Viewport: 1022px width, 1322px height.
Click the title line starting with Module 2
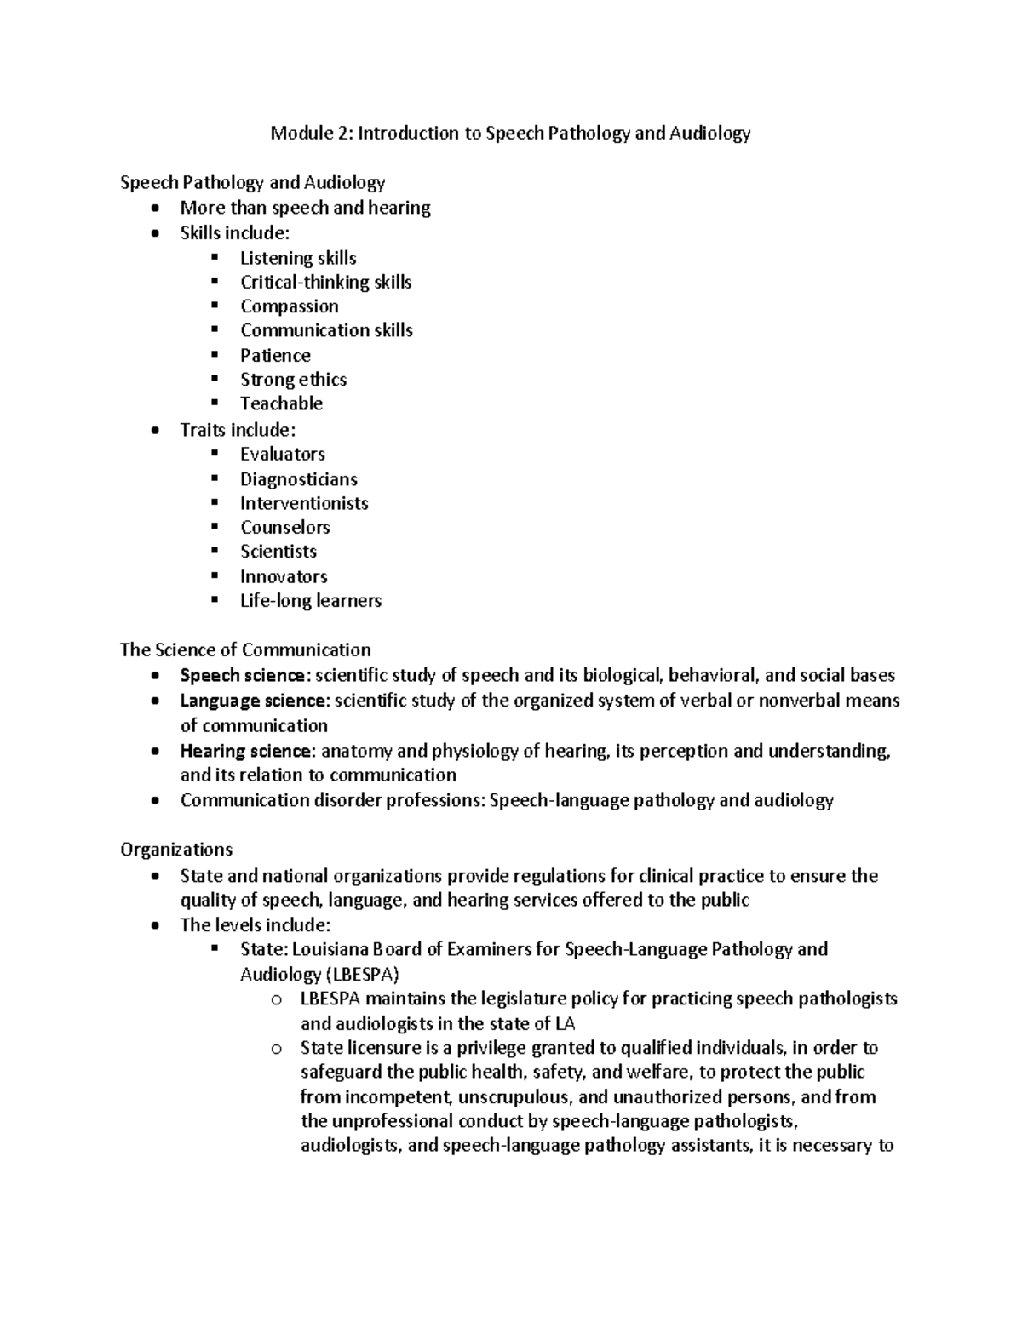click(x=510, y=133)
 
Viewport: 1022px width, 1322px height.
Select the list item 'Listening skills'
click(x=298, y=258)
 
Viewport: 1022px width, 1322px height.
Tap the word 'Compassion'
click(x=289, y=306)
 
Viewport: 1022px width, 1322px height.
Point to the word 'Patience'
click(x=275, y=355)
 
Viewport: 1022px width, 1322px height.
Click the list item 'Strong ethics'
click(x=293, y=380)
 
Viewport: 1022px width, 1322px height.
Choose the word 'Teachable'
click(x=281, y=403)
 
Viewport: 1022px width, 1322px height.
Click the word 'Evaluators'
click(x=283, y=454)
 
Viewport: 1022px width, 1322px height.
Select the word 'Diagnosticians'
click(x=298, y=479)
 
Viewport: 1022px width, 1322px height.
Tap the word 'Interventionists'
click(x=304, y=503)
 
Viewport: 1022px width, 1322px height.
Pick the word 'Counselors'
click(x=284, y=527)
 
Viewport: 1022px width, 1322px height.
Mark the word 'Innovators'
click(x=284, y=576)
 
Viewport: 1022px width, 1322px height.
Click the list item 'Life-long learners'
click(x=310, y=601)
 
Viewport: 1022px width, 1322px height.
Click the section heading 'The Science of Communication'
click(x=245, y=650)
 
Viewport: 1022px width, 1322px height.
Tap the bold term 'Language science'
click(x=253, y=701)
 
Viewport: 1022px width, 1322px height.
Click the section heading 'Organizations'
click(x=176, y=850)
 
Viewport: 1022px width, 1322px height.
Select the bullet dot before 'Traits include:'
click(x=153, y=431)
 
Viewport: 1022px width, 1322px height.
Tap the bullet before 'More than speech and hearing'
click(x=153, y=209)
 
